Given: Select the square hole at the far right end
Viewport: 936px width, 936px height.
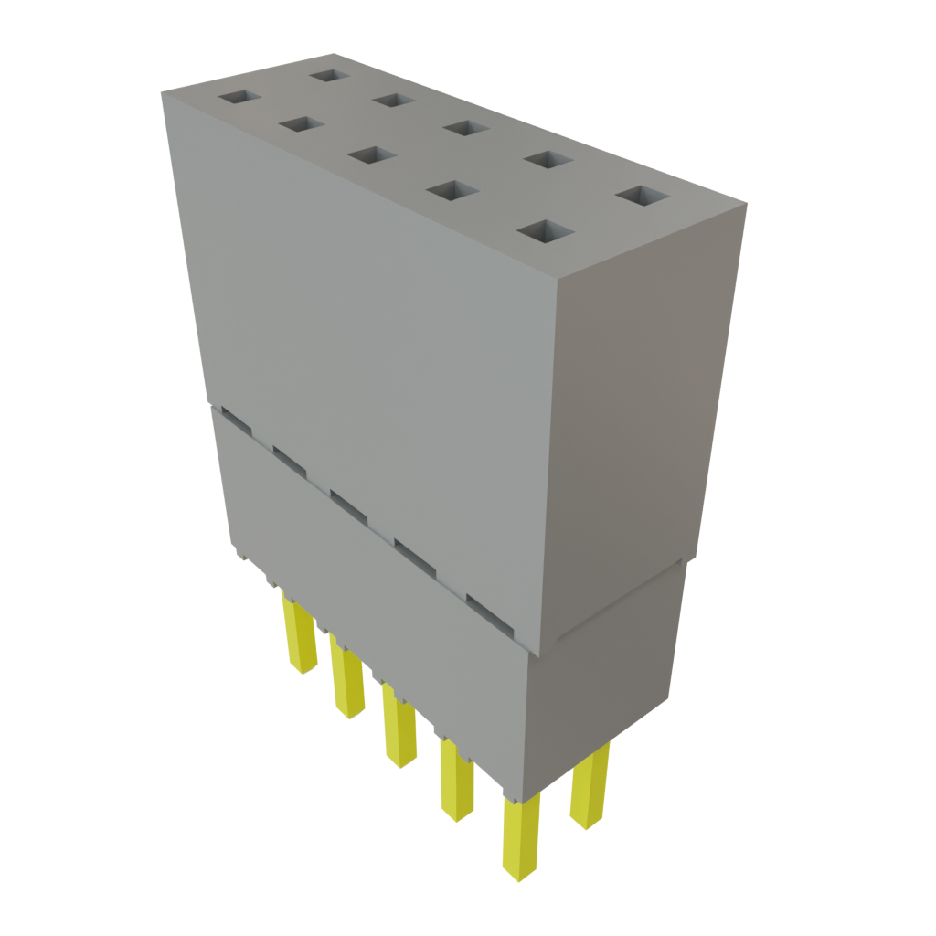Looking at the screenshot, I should tap(642, 196).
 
